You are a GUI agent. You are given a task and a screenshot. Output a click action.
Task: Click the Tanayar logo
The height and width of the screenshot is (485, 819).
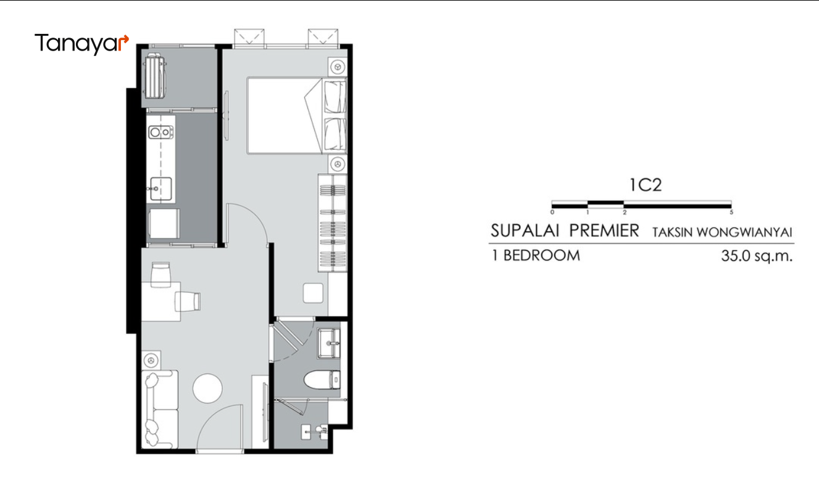pos(81,44)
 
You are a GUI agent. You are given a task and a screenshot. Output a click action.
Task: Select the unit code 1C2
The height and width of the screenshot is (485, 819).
pos(646,185)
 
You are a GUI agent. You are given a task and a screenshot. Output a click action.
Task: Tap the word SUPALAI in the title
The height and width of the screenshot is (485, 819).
pos(525,230)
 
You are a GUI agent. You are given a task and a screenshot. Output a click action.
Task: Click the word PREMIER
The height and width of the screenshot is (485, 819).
pos(604,230)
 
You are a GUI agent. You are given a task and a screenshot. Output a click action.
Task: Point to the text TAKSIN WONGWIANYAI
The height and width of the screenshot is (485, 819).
pos(722,232)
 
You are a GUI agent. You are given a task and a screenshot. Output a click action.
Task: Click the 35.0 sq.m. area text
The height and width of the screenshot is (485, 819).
pos(757,256)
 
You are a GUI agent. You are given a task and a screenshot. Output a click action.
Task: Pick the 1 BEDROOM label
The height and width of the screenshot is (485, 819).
pos(536,255)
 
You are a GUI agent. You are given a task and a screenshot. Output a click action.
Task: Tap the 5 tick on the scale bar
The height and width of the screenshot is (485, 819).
pos(731,212)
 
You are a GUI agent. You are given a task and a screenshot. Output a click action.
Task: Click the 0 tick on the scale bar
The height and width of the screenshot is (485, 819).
pos(552,212)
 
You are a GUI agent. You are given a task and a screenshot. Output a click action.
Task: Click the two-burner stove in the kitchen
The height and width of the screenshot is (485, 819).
pos(160,132)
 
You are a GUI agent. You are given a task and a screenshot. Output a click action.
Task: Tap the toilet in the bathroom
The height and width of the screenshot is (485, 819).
pos(322,380)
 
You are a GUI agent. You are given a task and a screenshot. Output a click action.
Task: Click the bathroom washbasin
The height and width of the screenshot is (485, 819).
pos(329,343)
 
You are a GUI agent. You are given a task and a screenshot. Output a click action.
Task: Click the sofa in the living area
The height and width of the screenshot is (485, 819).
pos(160,409)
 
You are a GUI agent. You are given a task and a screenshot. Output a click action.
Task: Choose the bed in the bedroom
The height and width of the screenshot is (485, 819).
pos(296,115)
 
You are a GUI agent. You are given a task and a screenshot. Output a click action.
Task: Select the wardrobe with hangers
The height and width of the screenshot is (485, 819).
pos(333,222)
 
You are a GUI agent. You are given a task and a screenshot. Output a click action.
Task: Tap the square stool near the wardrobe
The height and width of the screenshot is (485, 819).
pos(313,293)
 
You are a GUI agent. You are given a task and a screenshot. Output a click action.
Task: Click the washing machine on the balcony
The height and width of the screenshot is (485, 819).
pos(156,76)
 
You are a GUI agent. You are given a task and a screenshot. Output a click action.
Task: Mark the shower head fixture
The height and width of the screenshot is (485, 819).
pos(323,431)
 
